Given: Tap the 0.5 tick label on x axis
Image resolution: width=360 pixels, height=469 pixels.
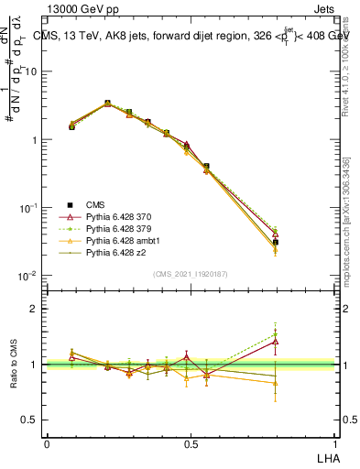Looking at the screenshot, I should tap(191, 443).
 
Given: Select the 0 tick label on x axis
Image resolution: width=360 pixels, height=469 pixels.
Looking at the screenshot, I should tap(47, 443).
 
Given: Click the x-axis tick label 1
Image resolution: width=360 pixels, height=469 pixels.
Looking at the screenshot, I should tap(333, 443).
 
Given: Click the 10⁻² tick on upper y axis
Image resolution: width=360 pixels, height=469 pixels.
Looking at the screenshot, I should tap(28, 276).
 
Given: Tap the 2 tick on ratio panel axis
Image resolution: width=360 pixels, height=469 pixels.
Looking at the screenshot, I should tap(37, 309).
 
